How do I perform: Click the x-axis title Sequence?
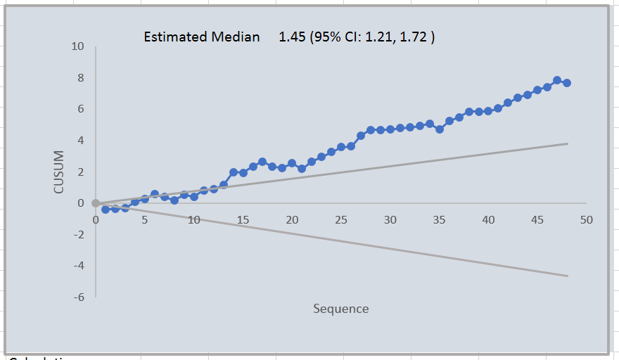click(x=340, y=309)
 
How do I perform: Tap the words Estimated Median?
click(x=201, y=37)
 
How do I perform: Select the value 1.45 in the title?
click(x=292, y=37)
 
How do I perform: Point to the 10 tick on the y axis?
click(x=77, y=46)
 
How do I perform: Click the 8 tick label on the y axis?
click(x=80, y=78)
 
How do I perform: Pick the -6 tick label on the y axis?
click(x=78, y=297)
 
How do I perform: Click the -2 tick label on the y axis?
click(x=78, y=235)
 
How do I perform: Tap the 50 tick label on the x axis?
click(x=587, y=220)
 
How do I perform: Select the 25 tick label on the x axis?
click(x=341, y=220)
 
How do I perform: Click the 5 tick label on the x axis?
click(x=144, y=220)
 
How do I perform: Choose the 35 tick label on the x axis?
click(x=440, y=220)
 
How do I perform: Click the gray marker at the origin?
click(x=96, y=204)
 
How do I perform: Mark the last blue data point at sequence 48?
click(x=566, y=83)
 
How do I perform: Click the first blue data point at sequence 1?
click(x=106, y=210)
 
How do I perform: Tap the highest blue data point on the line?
click(x=556, y=80)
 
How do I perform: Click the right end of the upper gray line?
click(x=567, y=143)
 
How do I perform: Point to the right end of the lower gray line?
click(x=567, y=276)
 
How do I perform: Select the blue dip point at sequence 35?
click(x=440, y=129)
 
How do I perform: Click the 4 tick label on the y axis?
click(x=80, y=141)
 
